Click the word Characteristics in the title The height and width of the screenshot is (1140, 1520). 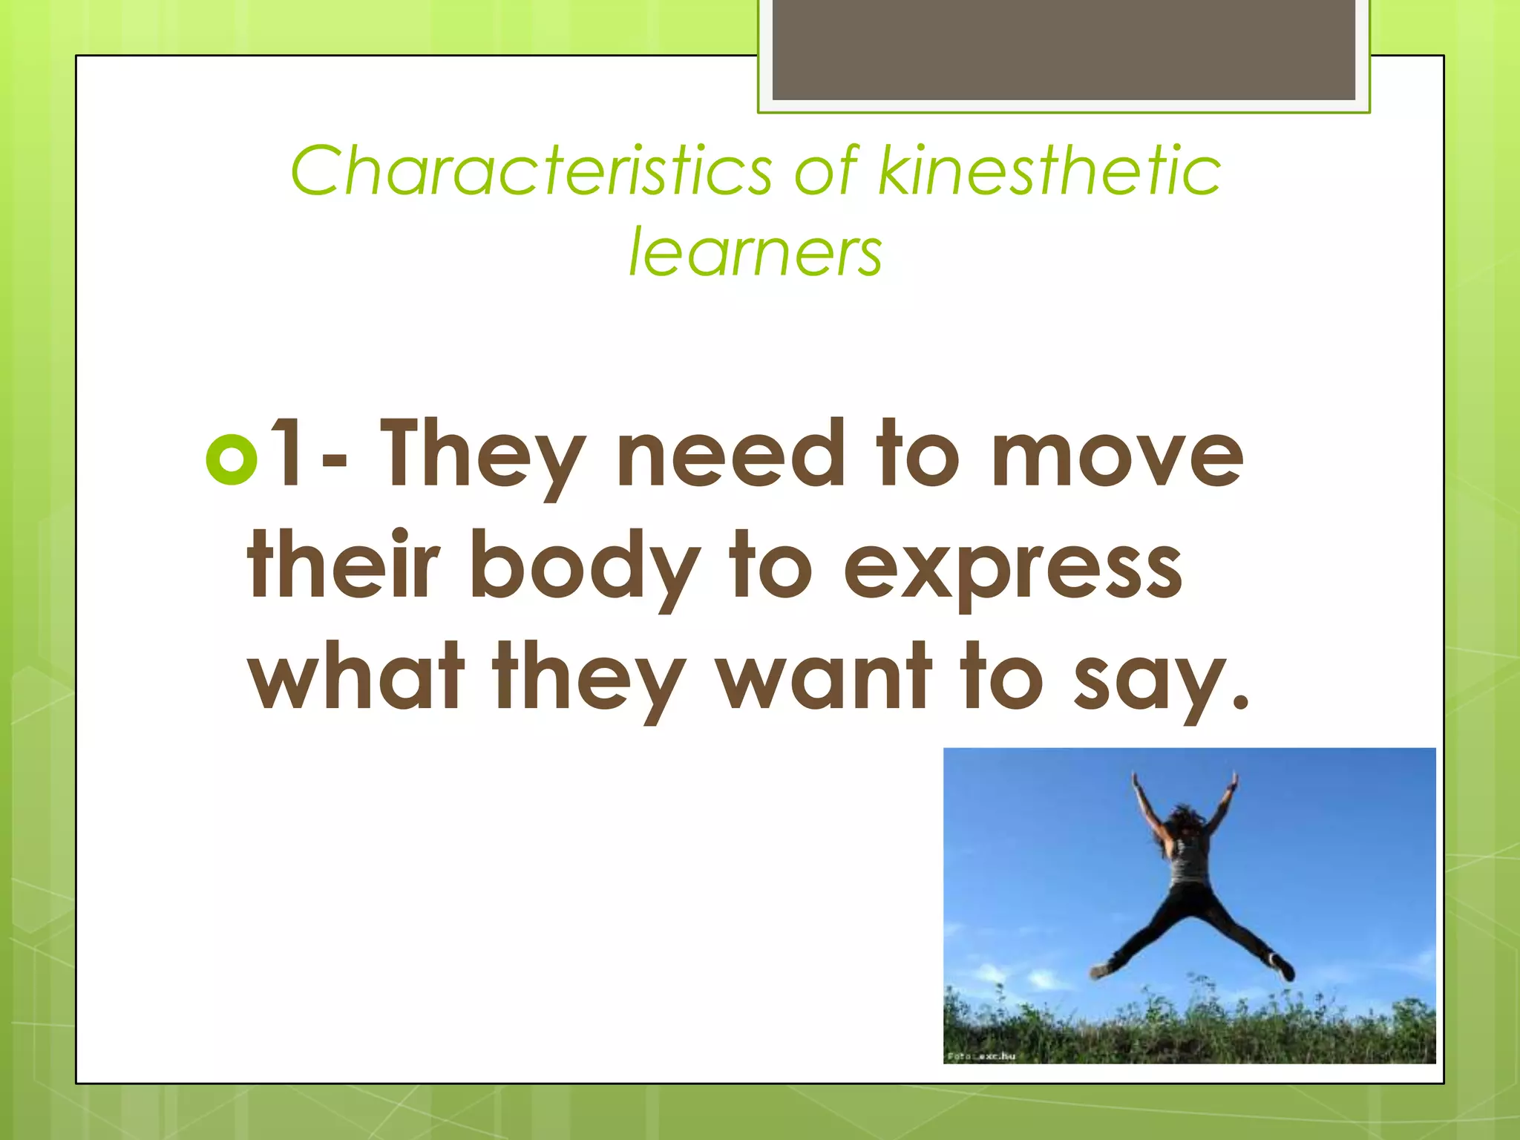pyautogui.click(x=531, y=171)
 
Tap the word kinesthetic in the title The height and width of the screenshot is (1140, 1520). pyautogui.click(x=1049, y=171)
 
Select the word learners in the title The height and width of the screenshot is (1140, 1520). pyautogui.click(x=756, y=252)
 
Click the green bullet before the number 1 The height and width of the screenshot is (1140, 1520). pyautogui.click(x=233, y=460)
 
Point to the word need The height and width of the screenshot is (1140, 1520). pyautogui.click(x=731, y=453)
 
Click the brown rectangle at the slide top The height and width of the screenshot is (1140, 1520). pyautogui.click(x=1064, y=50)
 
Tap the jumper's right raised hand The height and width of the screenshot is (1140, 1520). pyautogui.click(x=1234, y=779)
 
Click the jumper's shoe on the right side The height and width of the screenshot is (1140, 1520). pyautogui.click(x=1282, y=966)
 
